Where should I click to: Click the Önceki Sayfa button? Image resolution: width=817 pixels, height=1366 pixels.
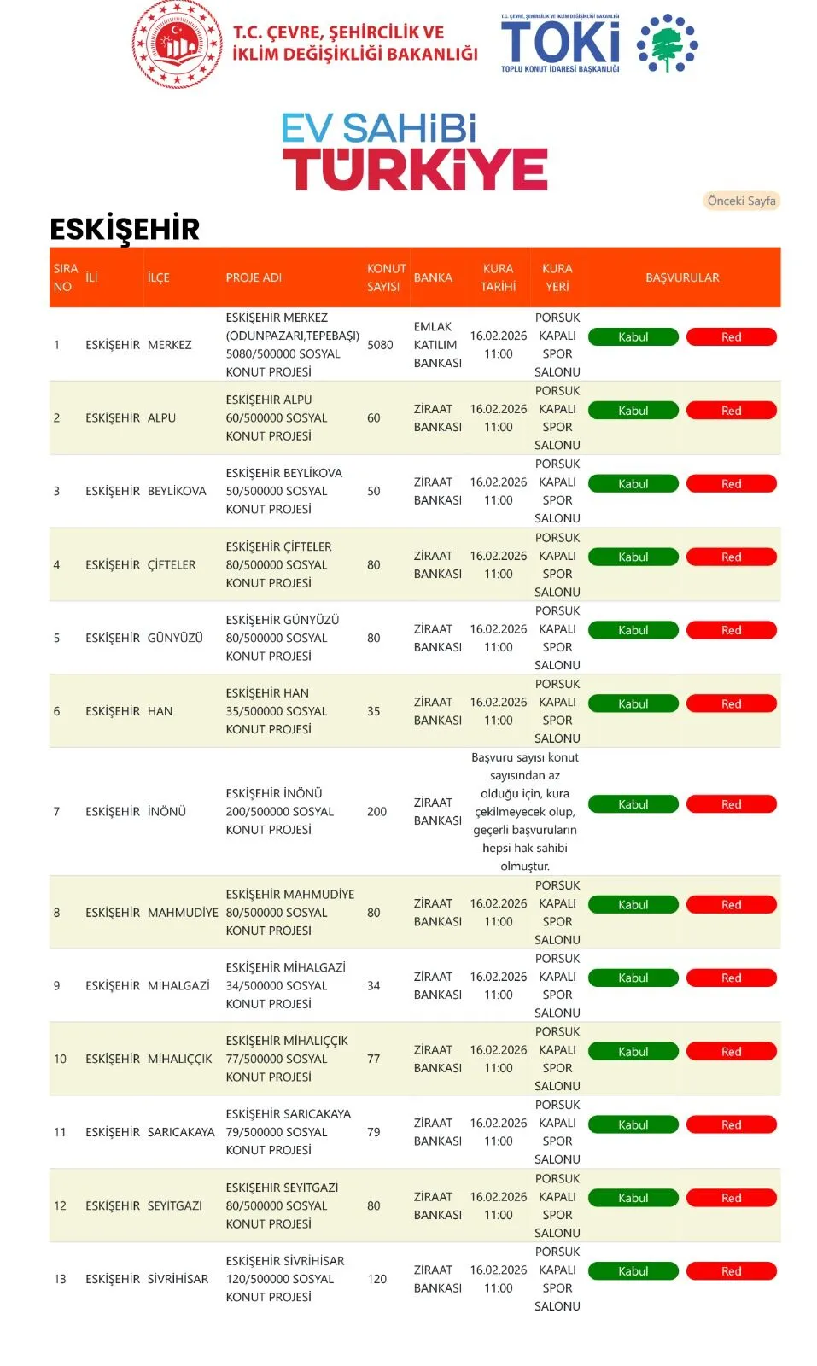[x=741, y=201]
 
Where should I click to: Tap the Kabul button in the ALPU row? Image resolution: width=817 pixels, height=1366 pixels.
[x=633, y=411]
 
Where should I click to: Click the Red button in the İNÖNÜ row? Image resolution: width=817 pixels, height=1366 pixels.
[x=731, y=804]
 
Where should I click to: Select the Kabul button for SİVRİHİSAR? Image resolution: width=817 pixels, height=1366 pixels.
[x=633, y=1271]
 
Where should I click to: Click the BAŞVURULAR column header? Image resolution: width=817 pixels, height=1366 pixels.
[x=682, y=277]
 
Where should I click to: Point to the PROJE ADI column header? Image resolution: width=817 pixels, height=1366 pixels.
[x=254, y=277]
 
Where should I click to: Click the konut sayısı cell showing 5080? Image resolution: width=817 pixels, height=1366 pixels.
[x=380, y=345]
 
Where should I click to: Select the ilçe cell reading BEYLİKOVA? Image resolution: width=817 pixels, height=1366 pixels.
[x=177, y=491]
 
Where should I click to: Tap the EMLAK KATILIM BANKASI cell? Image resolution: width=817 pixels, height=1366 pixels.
[x=437, y=345]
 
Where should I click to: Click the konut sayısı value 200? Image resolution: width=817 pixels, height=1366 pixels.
[x=376, y=812]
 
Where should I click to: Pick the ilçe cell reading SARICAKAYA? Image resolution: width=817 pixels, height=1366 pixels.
[x=181, y=1132]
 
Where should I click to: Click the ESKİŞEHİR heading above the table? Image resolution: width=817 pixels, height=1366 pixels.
[x=125, y=229]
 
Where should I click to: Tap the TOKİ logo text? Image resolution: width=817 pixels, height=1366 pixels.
[x=560, y=43]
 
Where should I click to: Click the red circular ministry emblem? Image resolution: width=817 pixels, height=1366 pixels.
[x=177, y=44]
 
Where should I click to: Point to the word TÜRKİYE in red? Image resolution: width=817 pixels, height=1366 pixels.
[x=415, y=169]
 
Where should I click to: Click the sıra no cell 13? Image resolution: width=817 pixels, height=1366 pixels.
[x=60, y=1279]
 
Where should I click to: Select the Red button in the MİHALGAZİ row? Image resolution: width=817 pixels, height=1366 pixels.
[x=731, y=978]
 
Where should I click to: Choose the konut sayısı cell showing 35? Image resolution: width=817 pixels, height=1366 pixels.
[x=374, y=711]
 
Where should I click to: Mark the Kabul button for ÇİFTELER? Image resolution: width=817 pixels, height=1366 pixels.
[x=633, y=557]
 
